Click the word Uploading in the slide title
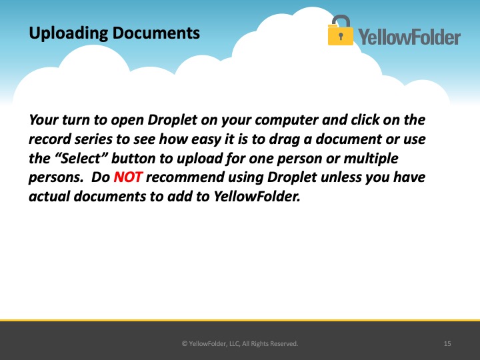(68, 33)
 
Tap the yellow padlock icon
(340, 30)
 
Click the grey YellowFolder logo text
(409, 37)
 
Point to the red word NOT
(128, 177)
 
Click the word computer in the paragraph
(287, 120)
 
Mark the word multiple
(371, 159)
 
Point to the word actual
(49, 196)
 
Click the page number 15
(447, 344)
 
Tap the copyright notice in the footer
(240, 344)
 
